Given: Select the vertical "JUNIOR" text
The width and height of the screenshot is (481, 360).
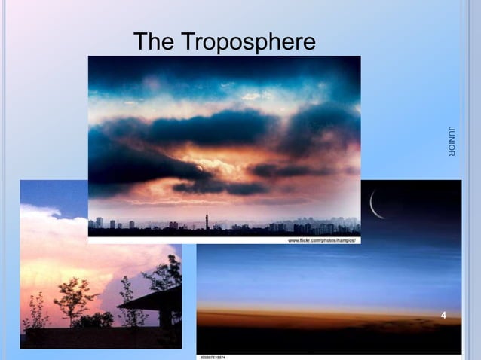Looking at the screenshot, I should [451, 142].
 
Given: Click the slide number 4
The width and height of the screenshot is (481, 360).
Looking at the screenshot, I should [443, 315].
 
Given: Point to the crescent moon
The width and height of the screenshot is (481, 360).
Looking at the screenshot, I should [375, 204].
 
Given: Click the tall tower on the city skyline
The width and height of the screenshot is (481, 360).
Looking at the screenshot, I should [207, 220].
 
